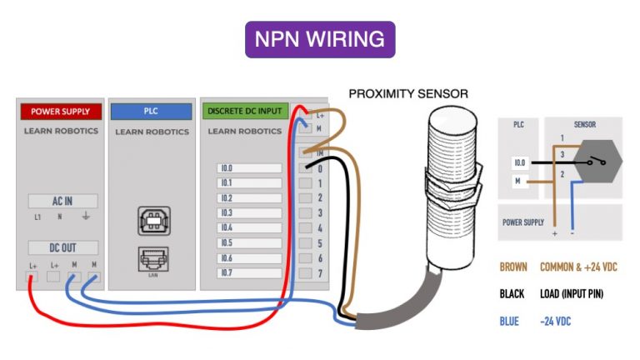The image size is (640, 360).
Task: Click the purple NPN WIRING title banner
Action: [319, 39]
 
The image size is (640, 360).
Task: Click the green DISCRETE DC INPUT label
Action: [245, 111]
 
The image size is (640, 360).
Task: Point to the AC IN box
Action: [62, 201]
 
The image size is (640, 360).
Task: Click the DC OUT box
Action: [62, 247]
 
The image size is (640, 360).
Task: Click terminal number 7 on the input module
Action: [319, 272]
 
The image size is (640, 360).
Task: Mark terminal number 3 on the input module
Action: [319, 213]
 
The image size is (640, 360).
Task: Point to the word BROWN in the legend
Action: [513, 267]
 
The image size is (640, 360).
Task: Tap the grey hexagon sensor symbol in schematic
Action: [598, 162]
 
